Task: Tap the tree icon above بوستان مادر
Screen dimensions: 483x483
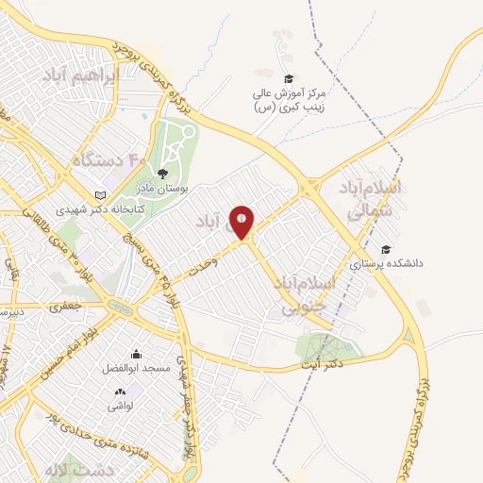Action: [x=163, y=173]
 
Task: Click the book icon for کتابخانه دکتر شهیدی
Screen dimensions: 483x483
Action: [x=100, y=195]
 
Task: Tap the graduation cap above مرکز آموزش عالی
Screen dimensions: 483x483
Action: [x=289, y=78]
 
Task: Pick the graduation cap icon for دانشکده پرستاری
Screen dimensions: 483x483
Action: [x=385, y=249]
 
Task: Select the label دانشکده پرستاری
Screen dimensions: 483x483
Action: [x=388, y=264]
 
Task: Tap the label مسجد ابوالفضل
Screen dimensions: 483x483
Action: [x=136, y=369]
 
